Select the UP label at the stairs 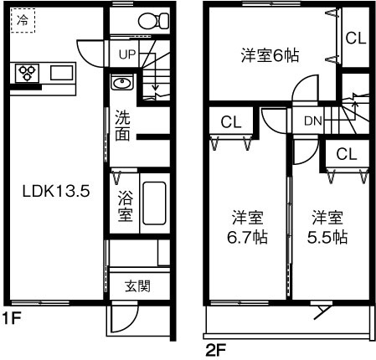(126, 55)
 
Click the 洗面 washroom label (122, 126)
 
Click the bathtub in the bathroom (154, 203)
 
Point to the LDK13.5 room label (55, 190)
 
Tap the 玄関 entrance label (138, 286)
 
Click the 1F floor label (10, 318)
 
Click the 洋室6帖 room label (270, 55)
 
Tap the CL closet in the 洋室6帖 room (355, 38)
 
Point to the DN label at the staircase (313, 121)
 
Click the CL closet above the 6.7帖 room (231, 121)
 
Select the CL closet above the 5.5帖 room (346, 153)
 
